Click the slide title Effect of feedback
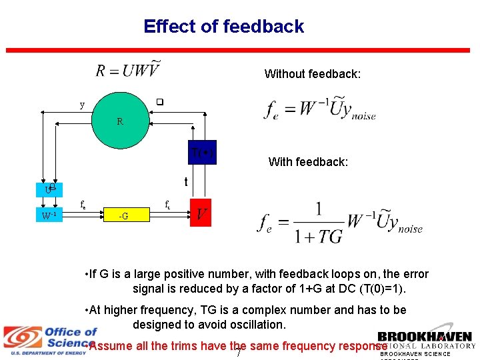(x=223, y=27)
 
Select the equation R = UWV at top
(x=128, y=69)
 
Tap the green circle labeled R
(x=120, y=121)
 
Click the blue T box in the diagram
(x=200, y=151)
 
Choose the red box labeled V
(x=201, y=213)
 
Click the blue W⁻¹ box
(x=49, y=215)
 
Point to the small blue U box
(x=49, y=189)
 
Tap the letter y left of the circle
(x=82, y=105)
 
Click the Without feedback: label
(x=312, y=74)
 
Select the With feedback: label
(x=308, y=162)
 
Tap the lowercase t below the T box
(x=186, y=181)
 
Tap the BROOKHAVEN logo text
(x=424, y=337)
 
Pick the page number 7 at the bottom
(x=239, y=351)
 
